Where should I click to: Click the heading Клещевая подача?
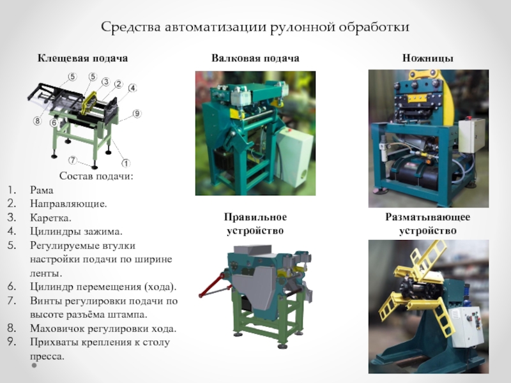pyautogui.click(x=82, y=58)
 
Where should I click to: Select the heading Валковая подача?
pyautogui.click(x=256, y=58)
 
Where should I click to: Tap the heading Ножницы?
pyautogui.click(x=427, y=58)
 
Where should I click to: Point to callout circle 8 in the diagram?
pyautogui.click(x=38, y=120)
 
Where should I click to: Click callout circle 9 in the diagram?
pyautogui.click(x=137, y=114)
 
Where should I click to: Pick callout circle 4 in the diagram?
pyautogui.click(x=132, y=88)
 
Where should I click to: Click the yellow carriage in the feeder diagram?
pyautogui.click(x=89, y=102)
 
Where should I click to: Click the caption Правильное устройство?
pyautogui.click(x=256, y=224)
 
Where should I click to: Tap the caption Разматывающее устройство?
pyautogui.click(x=427, y=224)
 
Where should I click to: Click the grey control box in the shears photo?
pyautogui.click(x=472, y=135)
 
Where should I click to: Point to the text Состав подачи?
pyautogui.click(x=96, y=176)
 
